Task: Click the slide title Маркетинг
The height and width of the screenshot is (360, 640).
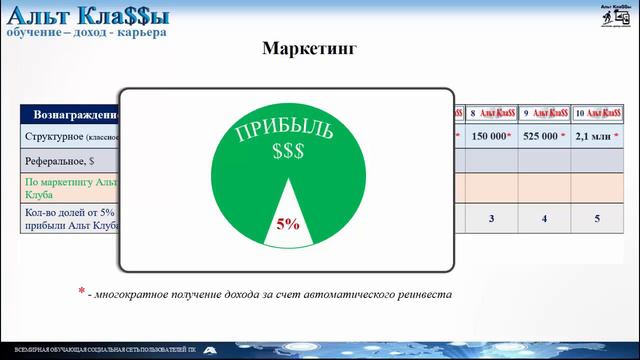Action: [x=309, y=48]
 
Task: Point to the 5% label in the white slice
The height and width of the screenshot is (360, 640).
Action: [x=288, y=225]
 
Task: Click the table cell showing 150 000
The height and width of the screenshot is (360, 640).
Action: [x=490, y=136]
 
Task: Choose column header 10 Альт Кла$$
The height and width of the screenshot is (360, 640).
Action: [x=599, y=113]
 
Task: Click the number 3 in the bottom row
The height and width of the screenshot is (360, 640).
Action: [x=491, y=218]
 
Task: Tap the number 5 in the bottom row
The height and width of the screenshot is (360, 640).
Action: [x=598, y=218]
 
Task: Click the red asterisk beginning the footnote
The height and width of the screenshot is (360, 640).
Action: [x=82, y=292]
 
